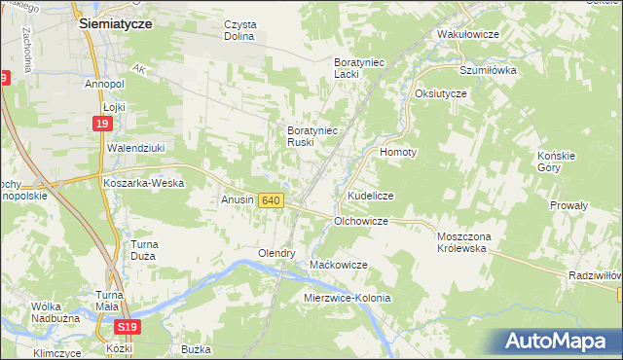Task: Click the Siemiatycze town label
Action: click(x=115, y=26)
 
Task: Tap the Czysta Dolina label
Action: click(x=238, y=30)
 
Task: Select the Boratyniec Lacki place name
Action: click(x=360, y=67)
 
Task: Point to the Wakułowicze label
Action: click(x=468, y=34)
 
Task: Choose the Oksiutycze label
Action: click(x=441, y=93)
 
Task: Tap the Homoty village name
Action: click(x=398, y=153)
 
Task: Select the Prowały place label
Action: click(x=568, y=205)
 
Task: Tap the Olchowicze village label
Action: click(x=361, y=222)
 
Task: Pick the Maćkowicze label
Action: click(x=338, y=265)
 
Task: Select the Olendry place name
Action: click(x=276, y=253)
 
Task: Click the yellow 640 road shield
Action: click(x=272, y=200)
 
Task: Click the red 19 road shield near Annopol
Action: click(x=102, y=124)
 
